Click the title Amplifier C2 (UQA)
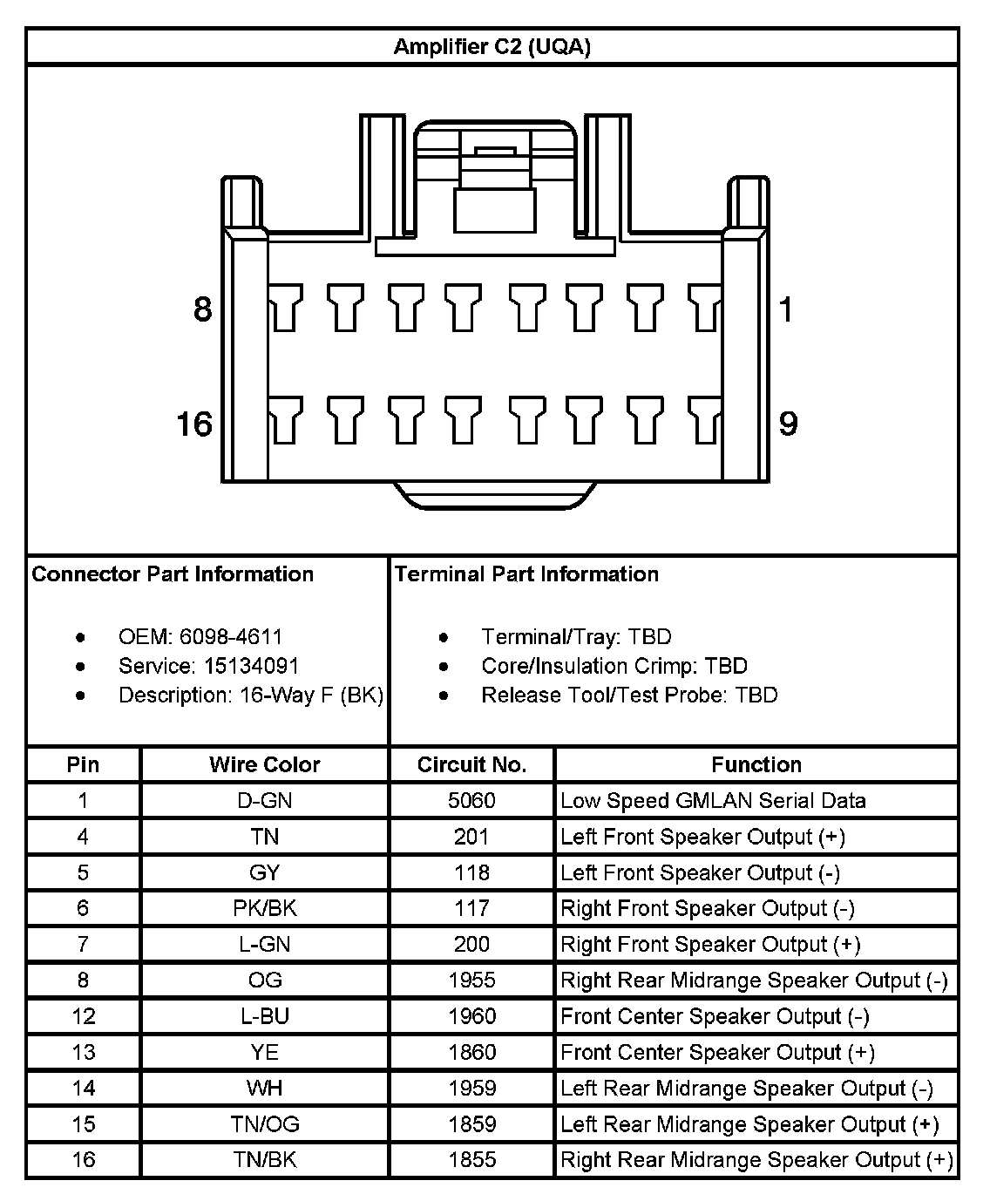[492, 46]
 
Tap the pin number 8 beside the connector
[202, 309]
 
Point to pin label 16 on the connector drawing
[194, 424]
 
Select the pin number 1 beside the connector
[786, 309]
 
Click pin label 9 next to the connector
[787, 424]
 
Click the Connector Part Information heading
[173, 574]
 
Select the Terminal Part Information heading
[526, 574]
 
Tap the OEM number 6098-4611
[231, 637]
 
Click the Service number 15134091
[252, 667]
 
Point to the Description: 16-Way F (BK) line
[251, 695]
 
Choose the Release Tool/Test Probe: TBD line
[629, 695]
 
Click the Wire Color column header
[264, 765]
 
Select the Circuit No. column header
[471, 765]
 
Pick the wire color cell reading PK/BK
[264, 908]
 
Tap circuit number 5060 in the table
[471, 801]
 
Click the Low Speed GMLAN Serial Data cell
[713, 801]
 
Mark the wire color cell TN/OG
[264, 1124]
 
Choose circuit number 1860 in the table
[471, 1053]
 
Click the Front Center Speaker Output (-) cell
[715, 1016]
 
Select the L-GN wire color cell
[264, 945]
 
